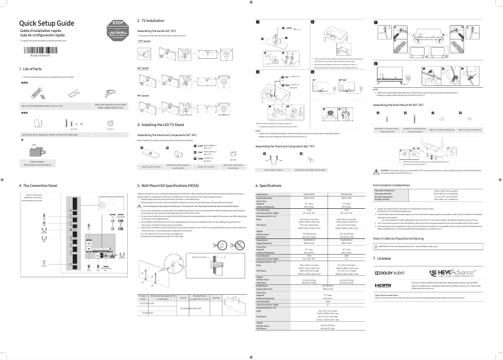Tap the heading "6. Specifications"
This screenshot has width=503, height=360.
270,186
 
